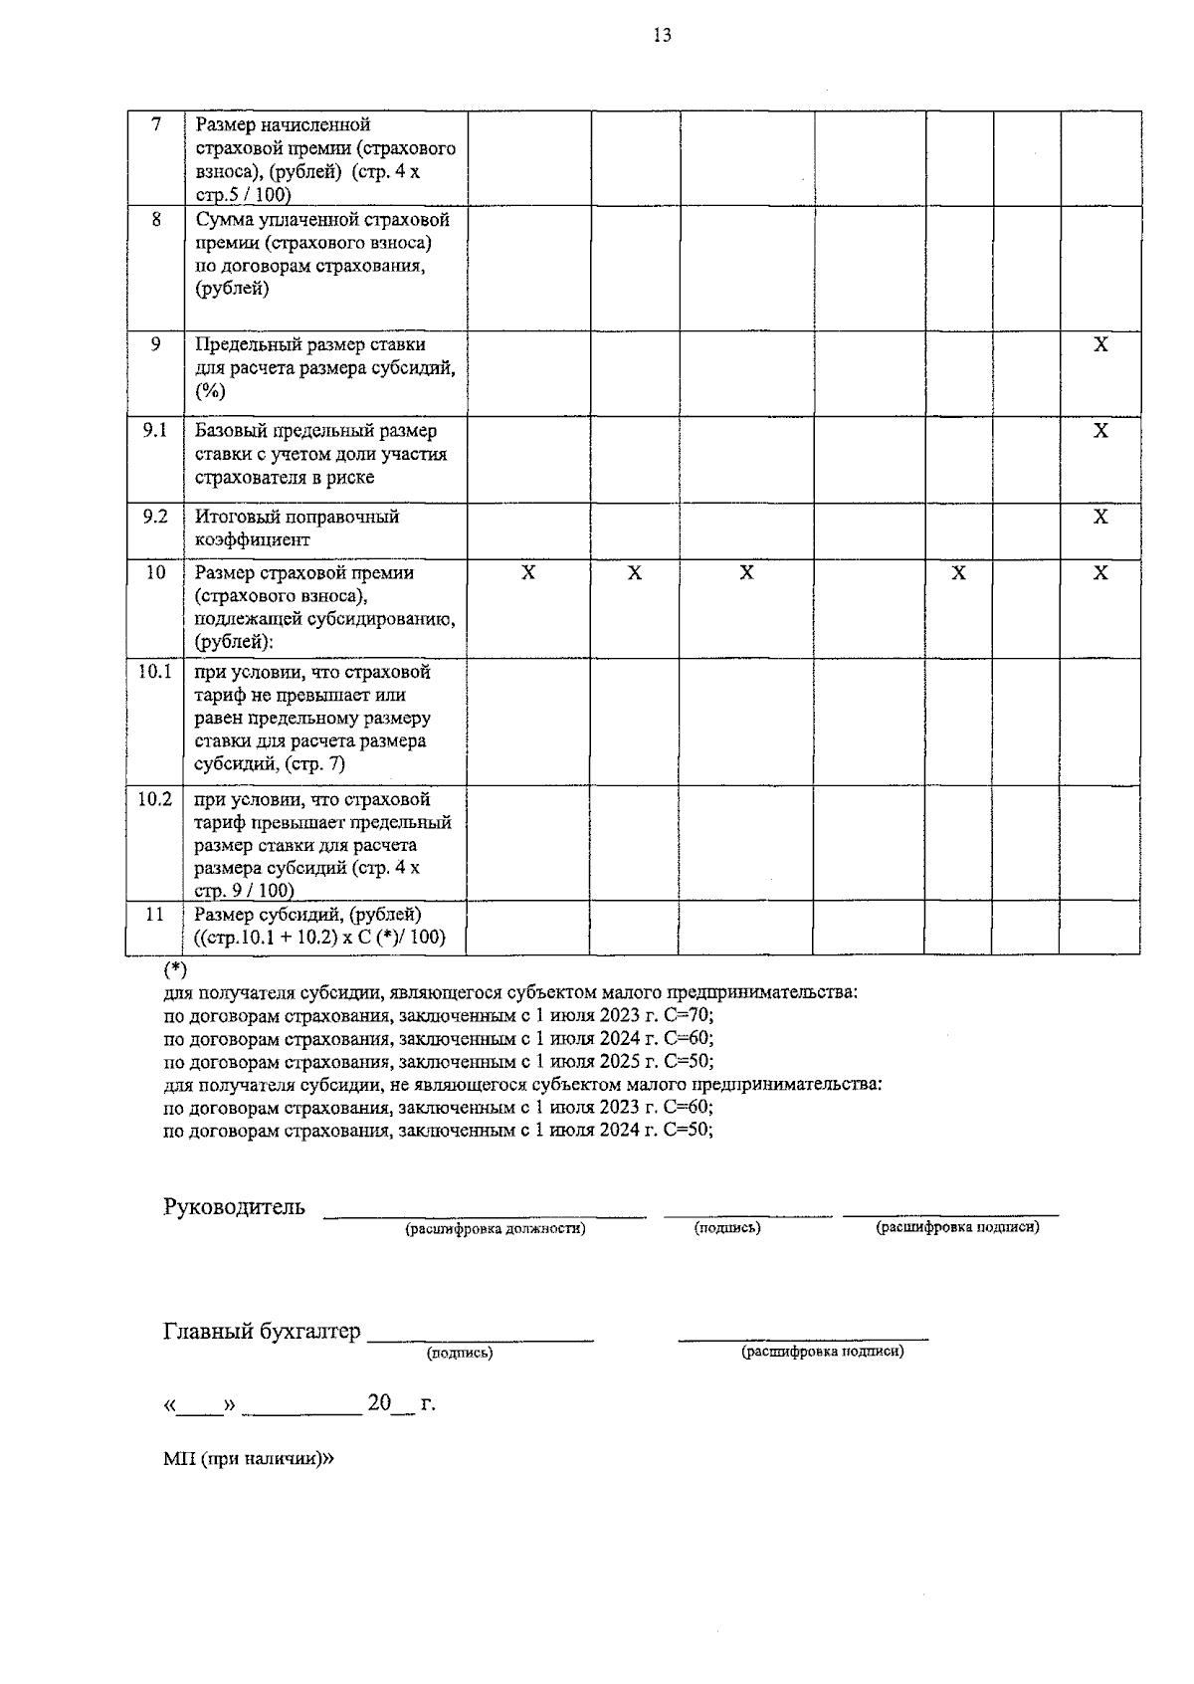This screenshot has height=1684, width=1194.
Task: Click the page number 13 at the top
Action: (662, 37)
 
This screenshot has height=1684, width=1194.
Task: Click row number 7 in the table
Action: (155, 124)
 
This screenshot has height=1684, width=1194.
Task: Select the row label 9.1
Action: (154, 430)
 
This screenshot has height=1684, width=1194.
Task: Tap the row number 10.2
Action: (154, 799)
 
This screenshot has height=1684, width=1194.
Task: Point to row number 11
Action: (154, 914)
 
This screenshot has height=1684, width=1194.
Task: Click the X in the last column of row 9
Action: (1100, 344)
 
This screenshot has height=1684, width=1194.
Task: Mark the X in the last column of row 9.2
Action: (1100, 517)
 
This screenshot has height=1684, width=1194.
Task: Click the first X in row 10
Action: (528, 573)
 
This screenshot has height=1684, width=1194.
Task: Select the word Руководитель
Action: (234, 1207)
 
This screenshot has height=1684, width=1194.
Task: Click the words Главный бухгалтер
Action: (262, 1332)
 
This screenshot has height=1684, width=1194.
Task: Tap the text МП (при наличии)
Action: (249, 1459)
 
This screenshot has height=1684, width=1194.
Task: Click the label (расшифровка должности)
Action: (495, 1228)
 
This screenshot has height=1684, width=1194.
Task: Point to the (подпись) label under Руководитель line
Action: (727, 1228)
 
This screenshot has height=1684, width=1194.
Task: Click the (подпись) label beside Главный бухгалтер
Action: (460, 1354)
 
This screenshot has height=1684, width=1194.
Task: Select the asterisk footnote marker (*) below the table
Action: (175, 968)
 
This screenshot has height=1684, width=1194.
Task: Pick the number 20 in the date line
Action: (379, 1403)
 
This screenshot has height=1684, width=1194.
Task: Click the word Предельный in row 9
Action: (245, 344)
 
